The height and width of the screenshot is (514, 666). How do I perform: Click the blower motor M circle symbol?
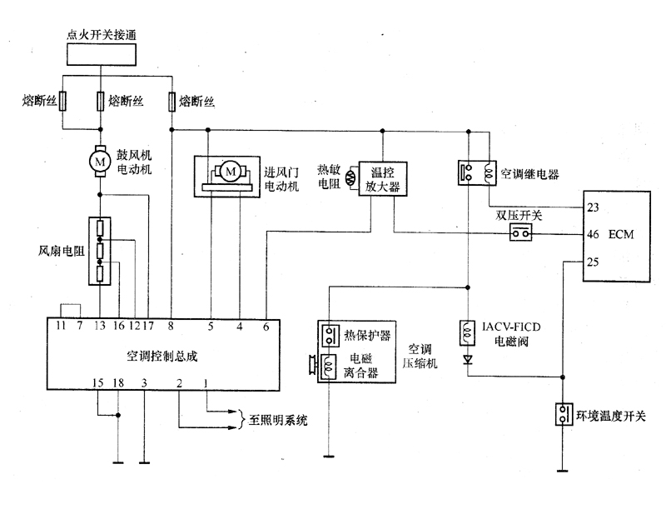tap(100, 157)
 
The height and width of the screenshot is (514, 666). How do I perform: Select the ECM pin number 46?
tap(594, 235)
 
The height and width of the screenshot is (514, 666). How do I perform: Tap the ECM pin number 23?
tap(594, 207)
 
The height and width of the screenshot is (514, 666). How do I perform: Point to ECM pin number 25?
tap(594, 262)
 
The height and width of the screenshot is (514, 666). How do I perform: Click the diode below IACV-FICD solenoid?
tap(469, 360)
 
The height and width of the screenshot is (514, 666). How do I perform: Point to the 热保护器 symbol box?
tap(330, 335)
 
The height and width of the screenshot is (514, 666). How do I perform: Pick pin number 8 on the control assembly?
tap(170, 326)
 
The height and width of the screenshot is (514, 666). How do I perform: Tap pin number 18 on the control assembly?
tap(118, 382)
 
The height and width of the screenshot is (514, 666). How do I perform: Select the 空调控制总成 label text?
tap(162, 355)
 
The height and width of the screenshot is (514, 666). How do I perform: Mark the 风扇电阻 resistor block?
tap(100, 249)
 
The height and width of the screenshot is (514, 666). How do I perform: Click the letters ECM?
tap(621, 235)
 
